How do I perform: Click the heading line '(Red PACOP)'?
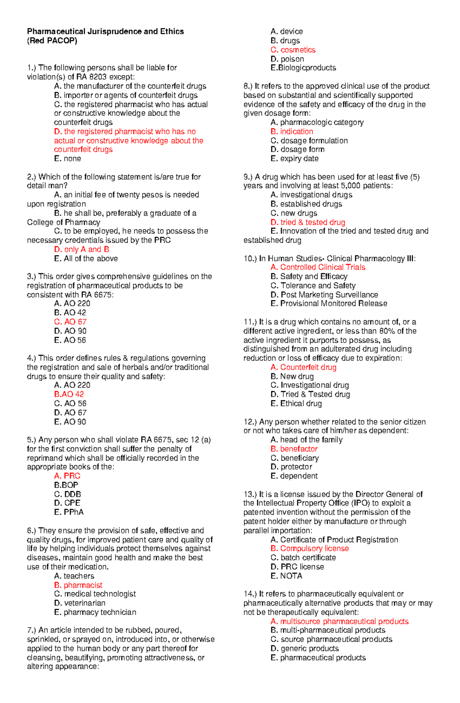pos(52,41)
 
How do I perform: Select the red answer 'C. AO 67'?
pos(70,322)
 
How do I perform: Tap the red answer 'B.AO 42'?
pos(69,394)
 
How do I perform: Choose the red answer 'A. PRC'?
pos(67,476)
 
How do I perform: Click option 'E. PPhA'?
pos(69,512)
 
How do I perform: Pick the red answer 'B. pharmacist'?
pos(78,585)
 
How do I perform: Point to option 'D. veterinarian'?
pos(80,603)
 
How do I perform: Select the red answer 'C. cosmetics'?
pos(293,50)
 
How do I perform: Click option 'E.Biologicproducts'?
pos(303,68)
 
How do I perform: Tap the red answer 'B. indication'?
pos(292,131)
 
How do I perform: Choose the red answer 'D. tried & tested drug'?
pos(307,222)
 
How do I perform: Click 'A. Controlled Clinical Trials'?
pos(318,267)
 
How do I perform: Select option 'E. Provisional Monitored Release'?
pos(329,303)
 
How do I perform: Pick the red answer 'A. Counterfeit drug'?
pos(303,367)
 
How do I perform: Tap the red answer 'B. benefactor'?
pos(294,449)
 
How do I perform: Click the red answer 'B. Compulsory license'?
pos(309,548)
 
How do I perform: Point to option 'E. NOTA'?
pos(286,576)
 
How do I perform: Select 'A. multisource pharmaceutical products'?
pos(339,621)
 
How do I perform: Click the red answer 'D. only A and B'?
pos(81,249)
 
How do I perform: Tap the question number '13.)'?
pos(250,494)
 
